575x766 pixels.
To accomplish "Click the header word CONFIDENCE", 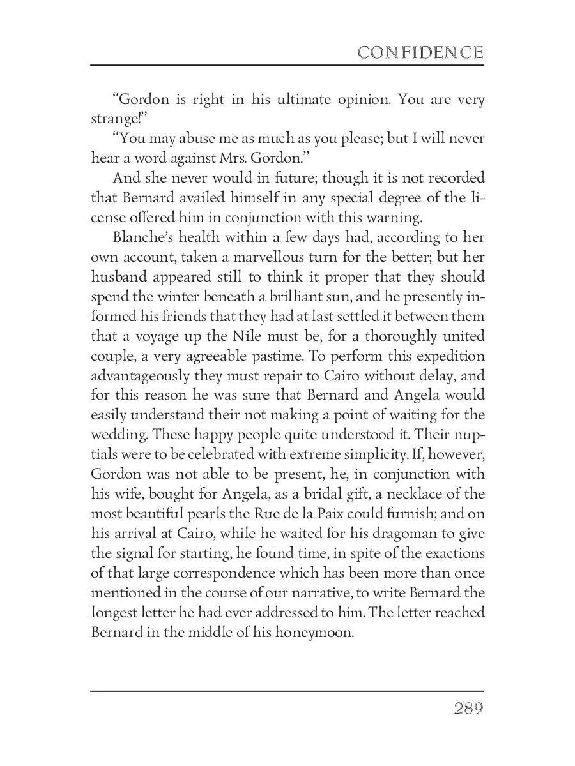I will (x=420, y=52).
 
